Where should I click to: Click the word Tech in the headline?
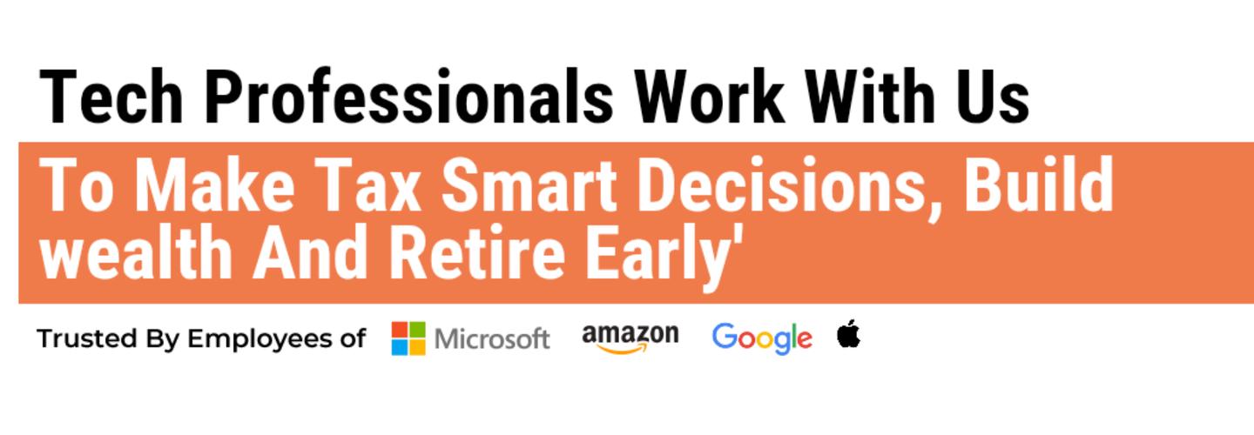tap(111, 97)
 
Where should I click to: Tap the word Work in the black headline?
tap(709, 97)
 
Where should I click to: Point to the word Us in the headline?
tap(993, 97)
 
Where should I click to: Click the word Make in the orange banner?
tap(216, 184)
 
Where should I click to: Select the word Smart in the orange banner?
tap(529, 184)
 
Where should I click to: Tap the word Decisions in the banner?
tap(781, 184)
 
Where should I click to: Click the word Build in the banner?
tap(1039, 184)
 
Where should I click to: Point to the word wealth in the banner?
tap(136, 252)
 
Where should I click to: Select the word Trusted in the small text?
tap(87, 338)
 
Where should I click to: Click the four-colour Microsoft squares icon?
tap(408, 338)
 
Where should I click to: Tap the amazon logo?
tap(630, 338)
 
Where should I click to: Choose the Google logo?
tap(762, 338)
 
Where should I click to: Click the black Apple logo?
tap(849, 334)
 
